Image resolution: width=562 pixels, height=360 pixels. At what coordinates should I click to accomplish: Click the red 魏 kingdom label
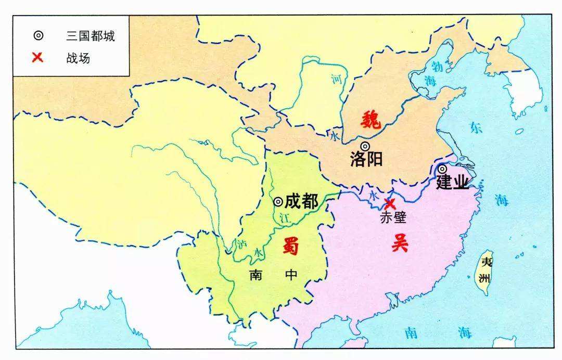(371, 120)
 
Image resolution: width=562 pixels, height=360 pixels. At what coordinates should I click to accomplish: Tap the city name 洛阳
(366, 159)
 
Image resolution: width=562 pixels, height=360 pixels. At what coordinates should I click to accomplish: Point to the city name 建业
(452, 183)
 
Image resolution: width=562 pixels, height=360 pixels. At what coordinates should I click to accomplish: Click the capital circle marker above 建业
(442, 169)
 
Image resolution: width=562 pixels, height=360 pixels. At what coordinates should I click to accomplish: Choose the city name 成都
(301, 201)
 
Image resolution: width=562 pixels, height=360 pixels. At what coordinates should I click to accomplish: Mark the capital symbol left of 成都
(278, 201)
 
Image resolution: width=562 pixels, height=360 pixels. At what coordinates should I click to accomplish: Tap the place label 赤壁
(393, 217)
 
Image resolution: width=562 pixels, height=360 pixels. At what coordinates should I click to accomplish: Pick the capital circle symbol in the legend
(37, 36)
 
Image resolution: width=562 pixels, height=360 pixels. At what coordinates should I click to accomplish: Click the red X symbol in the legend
(37, 57)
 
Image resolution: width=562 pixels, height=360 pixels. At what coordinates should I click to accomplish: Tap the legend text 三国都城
(90, 36)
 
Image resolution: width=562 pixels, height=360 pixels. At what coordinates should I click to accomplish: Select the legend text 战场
(78, 58)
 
